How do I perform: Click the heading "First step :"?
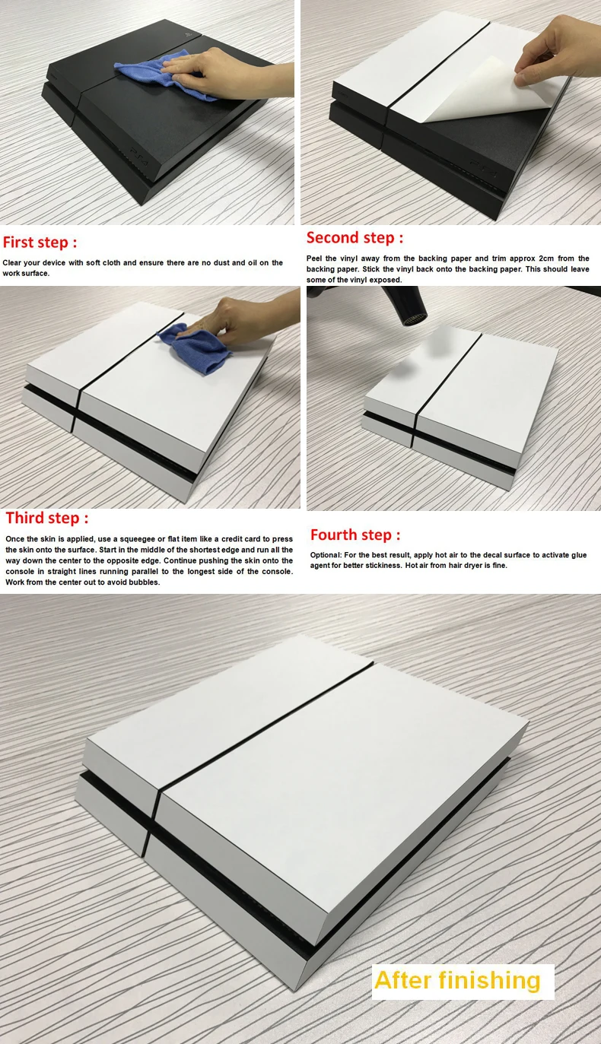[x=40, y=243]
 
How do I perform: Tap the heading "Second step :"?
[x=355, y=238]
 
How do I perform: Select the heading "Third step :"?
[x=46, y=518]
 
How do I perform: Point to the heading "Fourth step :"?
[x=355, y=535]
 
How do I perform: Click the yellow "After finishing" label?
[x=457, y=980]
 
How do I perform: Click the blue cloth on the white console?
[x=195, y=347]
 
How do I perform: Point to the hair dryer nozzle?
[x=414, y=319]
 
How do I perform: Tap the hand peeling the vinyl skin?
[x=558, y=50]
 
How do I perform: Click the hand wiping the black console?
[x=224, y=72]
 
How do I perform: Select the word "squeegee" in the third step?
[x=138, y=539]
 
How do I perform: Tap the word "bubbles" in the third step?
[x=144, y=582]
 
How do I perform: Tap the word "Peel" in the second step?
[x=314, y=259]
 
